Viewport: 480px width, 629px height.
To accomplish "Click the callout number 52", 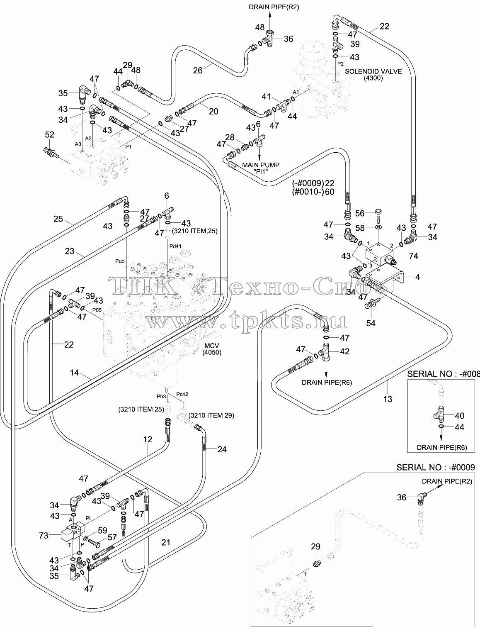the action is coord(49,134).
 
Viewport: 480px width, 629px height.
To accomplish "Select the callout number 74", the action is coord(413,256).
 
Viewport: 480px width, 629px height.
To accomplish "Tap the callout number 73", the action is coord(44,535).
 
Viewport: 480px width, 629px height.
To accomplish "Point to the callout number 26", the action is coord(197,70).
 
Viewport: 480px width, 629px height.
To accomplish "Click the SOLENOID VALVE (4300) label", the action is coord(373,75).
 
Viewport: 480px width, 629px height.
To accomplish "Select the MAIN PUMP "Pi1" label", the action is coord(261,168).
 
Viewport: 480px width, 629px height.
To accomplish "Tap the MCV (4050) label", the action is coord(212,349).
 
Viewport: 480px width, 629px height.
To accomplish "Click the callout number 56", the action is coord(360,213).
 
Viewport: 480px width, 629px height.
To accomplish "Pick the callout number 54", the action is coord(371,323).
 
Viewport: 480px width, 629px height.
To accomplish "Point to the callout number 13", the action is coord(388,399).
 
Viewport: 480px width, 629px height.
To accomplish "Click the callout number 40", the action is coord(459,415).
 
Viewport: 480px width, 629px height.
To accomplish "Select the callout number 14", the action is coord(75,373).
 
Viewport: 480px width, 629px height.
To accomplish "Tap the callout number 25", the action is coord(58,219).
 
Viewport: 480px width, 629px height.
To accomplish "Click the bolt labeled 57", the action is coord(94,543).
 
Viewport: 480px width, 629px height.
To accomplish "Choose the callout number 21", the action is coord(166,542).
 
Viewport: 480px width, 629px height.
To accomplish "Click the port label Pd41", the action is coord(175,246).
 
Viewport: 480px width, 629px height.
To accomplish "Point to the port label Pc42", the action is coord(182,394).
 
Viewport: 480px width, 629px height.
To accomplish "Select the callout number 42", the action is coord(344,351).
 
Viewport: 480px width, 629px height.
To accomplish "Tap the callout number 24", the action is coord(222,449).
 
